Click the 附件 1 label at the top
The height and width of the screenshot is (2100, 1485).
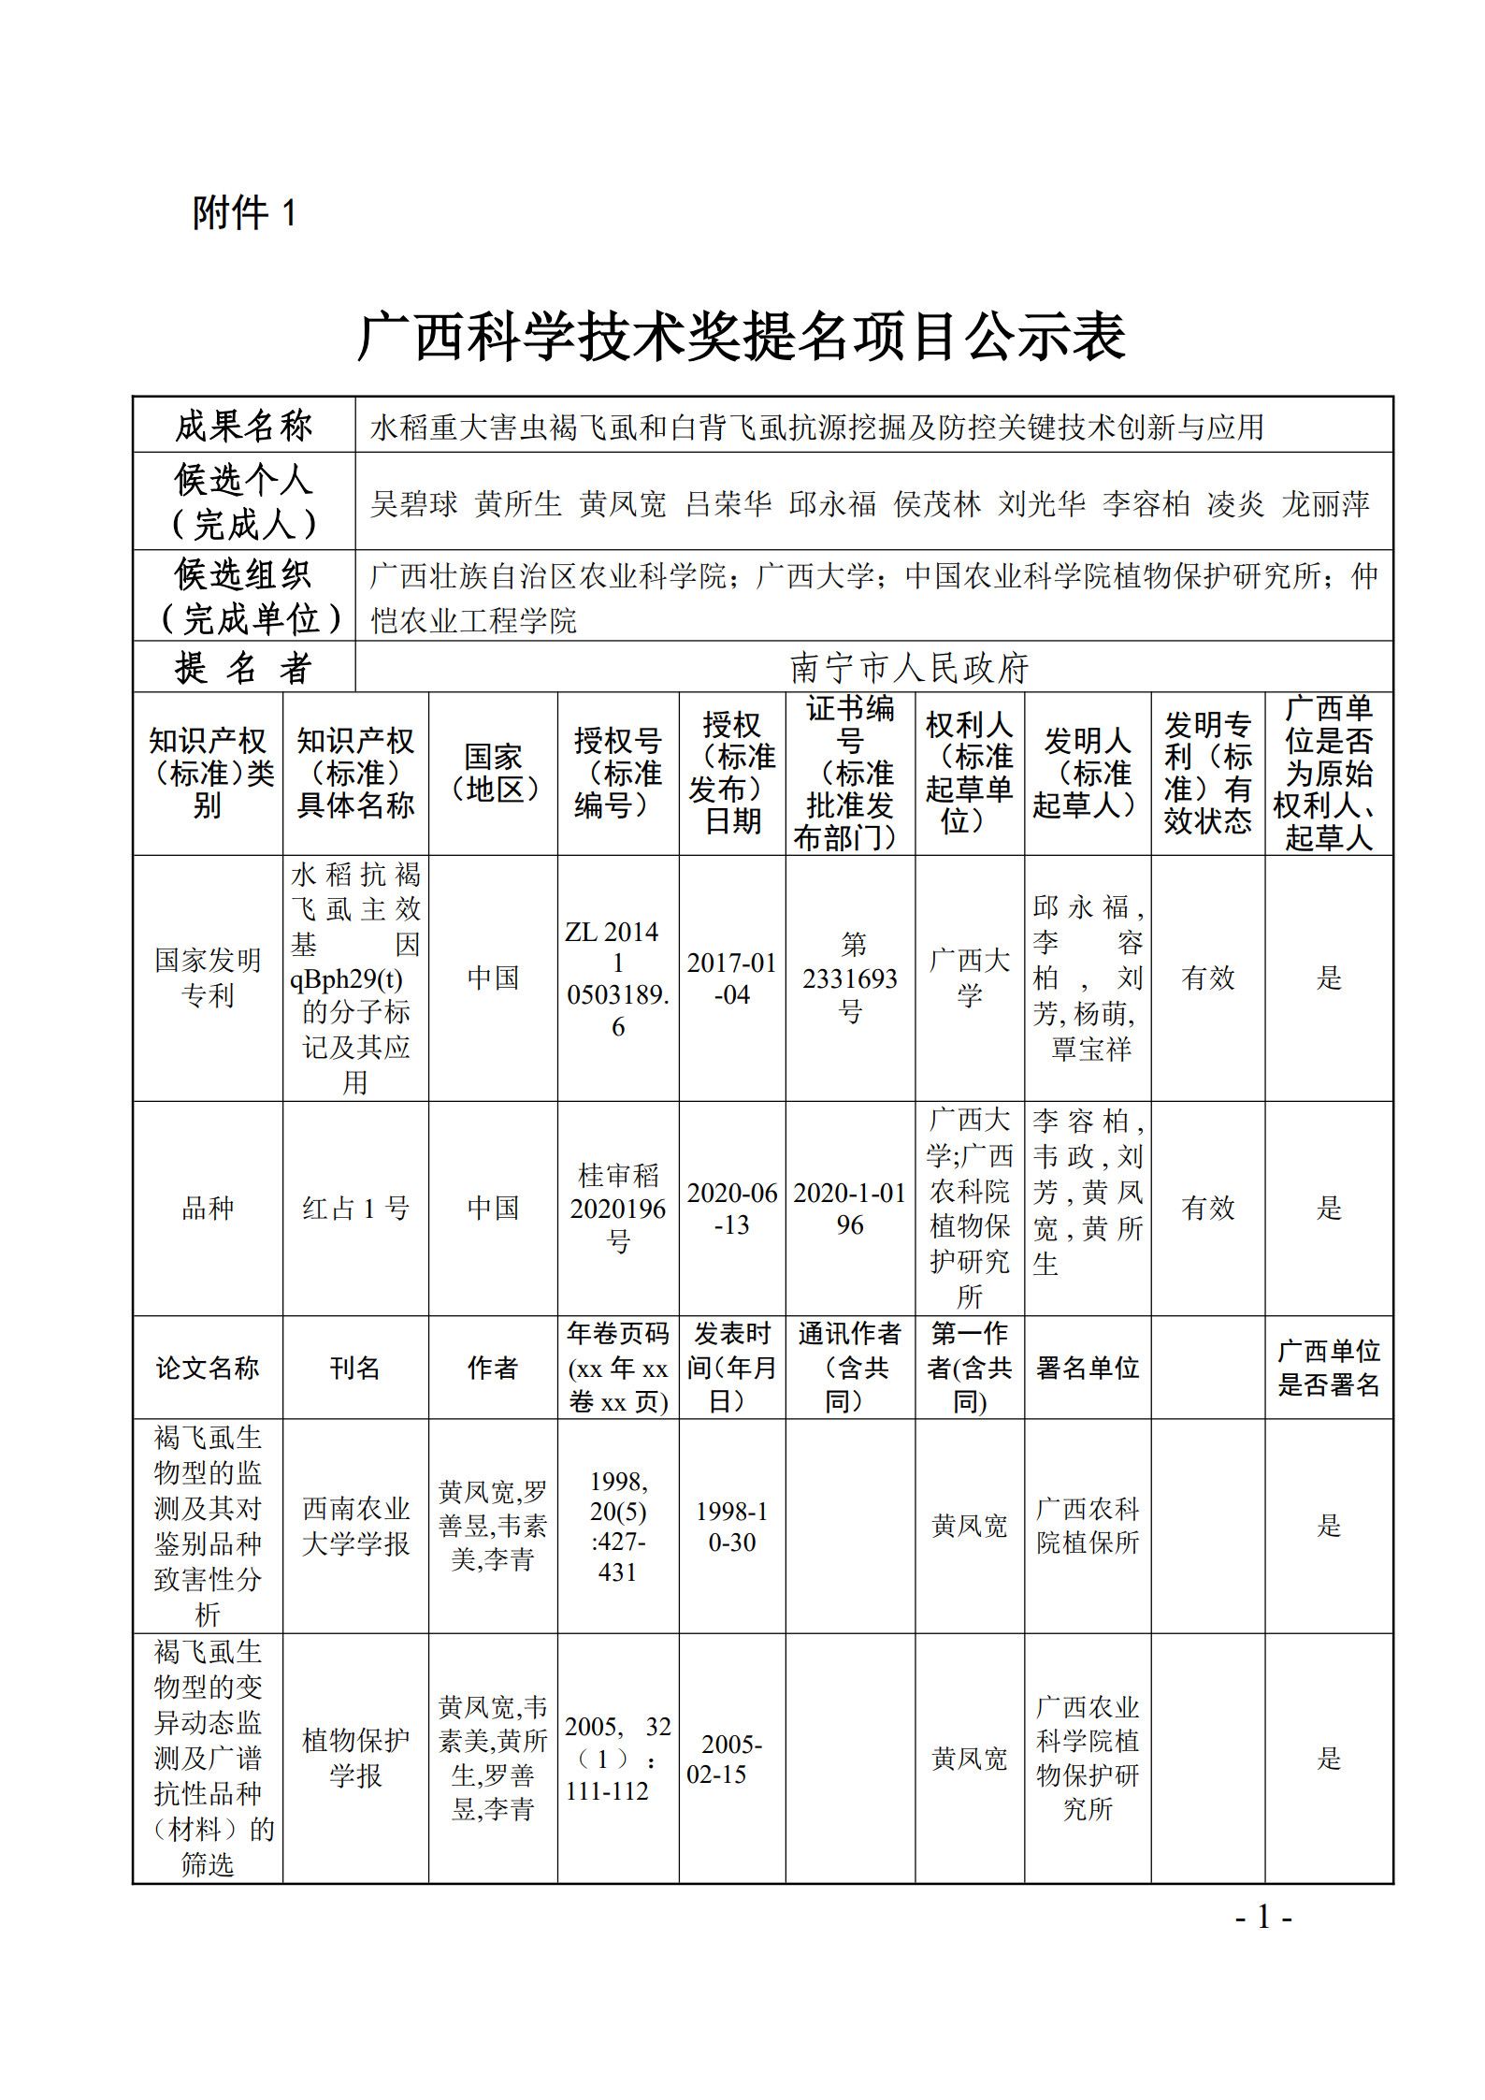point(244,213)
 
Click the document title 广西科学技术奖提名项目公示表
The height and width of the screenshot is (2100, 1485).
point(742,337)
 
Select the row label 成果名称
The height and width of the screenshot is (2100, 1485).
point(243,427)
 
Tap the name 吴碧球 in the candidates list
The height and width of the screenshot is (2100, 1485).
point(414,504)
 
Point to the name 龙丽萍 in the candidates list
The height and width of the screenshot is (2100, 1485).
point(1325,504)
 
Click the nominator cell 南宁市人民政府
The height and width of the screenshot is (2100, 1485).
point(909,668)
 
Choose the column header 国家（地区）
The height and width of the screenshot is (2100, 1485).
point(493,773)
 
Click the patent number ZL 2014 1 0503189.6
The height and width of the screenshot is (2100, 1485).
point(617,978)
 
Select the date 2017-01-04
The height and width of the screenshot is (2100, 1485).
point(731,978)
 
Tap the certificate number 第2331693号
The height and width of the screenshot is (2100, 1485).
point(849,978)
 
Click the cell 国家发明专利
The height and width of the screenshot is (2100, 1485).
point(208,978)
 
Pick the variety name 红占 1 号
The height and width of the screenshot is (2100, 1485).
point(355,1209)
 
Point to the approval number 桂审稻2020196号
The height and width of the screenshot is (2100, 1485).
point(617,1209)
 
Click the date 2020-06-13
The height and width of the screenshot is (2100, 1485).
point(731,1209)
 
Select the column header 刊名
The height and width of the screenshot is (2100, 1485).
point(355,1369)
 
